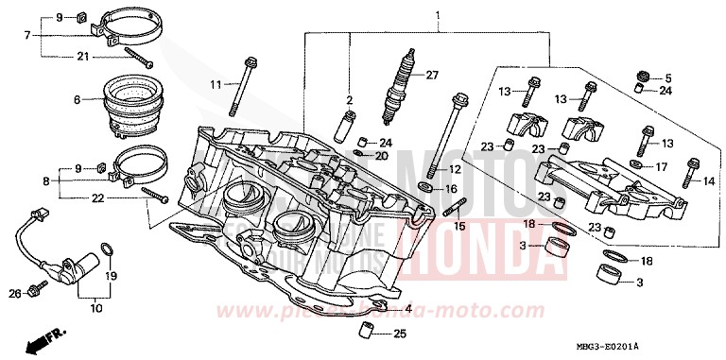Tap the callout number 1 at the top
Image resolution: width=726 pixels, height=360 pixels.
pyautogui.click(x=437, y=16)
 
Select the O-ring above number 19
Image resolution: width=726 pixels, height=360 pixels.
pyautogui.click(x=110, y=249)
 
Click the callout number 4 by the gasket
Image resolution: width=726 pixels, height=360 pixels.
pyautogui.click(x=407, y=309)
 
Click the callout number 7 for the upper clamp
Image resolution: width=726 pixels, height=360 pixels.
pyautogui.click(x=28, y=36)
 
